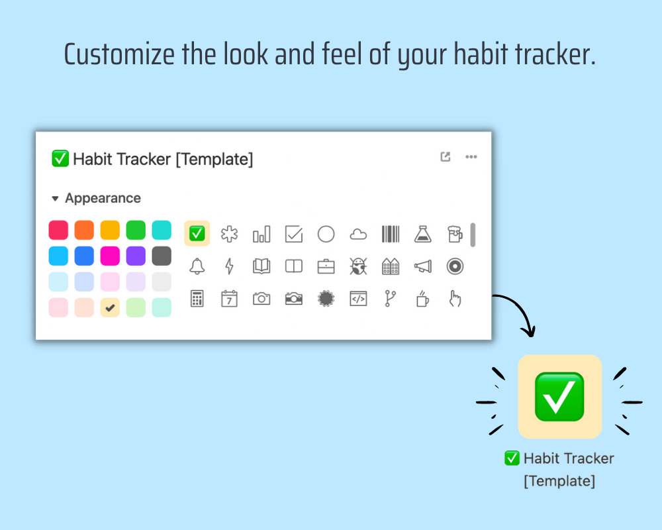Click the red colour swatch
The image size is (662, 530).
pos(58,231)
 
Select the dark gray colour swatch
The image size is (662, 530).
pos(162,256)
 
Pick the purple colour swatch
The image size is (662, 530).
pos(136,256)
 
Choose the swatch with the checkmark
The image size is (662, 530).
pos(110,307)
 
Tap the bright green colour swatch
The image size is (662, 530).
pos(136,231)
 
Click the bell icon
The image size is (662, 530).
pos(197,266)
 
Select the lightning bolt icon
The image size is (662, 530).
pos(230,266)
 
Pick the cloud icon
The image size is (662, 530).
pos(358,234)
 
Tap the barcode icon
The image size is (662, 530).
pos(391,234)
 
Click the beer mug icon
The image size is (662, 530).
pos(455,234)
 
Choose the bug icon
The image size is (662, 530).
pos(358,266)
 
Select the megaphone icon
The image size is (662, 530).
pos(422,266)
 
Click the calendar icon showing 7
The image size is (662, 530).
pos(229,299)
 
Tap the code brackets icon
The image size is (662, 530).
pos(358,299)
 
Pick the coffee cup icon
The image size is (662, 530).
pos(422,299)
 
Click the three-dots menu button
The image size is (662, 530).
pos(471,157)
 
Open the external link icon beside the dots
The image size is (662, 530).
pos(446,157)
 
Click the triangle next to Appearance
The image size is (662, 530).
pos(56,198)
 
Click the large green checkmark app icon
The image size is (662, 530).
pos(559,396)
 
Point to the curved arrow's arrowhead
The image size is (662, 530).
pos(528,331)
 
